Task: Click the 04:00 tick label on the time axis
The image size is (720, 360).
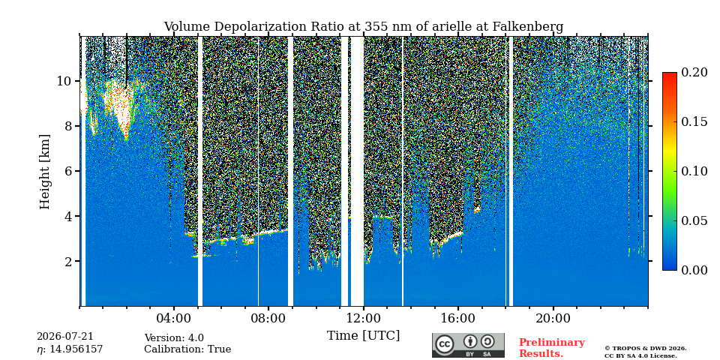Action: (x=174, y=319)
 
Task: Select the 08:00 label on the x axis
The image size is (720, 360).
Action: (x=268, y=319)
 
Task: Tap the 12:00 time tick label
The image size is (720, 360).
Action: (x=364, y=319)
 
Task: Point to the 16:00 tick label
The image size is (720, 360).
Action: (x=458, y=319)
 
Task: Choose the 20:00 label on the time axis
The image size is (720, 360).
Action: (x=553, y=319)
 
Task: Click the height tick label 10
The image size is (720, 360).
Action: (x=64, y=81)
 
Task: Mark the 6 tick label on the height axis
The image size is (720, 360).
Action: (x=68, y=171)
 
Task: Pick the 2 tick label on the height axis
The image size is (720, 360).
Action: (x=68, y=261)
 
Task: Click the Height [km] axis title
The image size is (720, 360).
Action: (x=44, y=172)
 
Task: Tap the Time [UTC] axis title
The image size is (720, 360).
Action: (x=363, y=336)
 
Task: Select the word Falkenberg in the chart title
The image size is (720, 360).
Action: (x=527, y=27)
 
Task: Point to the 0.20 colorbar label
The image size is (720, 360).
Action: (x=694, y=72)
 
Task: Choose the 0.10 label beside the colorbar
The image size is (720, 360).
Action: (x=694, y=171)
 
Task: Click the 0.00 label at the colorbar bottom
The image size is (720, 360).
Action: (x=694, y=270)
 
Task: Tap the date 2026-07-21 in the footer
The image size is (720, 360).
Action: (x=64, y=337)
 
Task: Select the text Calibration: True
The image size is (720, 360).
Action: (x=187, y=349)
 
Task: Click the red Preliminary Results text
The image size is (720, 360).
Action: (x=551, y=348)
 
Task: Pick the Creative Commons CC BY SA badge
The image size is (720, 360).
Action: (x=468, y=345)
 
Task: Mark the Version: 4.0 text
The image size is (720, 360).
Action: (x=173, y=338)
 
